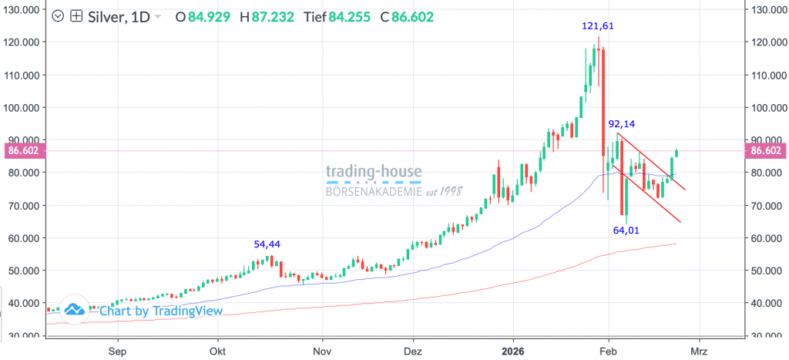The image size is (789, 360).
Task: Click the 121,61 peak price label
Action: (597, 26)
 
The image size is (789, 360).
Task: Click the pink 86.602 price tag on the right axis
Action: (767, 151)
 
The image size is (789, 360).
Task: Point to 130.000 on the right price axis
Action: (767, 10)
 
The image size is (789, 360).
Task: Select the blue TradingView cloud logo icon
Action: (74, 310)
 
